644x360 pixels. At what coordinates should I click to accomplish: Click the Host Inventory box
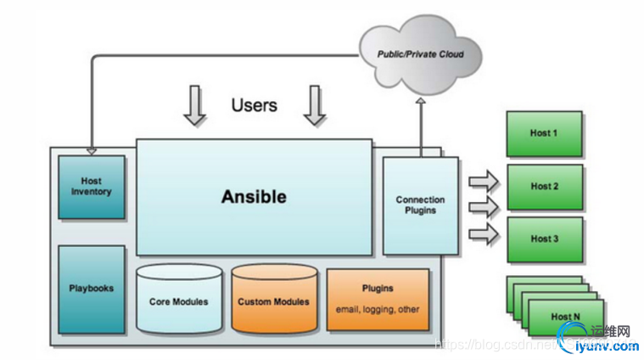91,186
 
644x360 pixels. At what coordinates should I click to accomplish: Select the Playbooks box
91,288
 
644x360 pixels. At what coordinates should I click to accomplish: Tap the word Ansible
254,196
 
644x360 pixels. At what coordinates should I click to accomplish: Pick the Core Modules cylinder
178,301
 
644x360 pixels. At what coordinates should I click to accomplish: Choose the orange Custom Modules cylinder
273,301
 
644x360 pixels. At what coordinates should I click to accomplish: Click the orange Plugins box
377,298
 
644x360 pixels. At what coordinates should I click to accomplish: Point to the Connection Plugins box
420,205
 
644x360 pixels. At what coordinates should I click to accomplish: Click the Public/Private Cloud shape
420,54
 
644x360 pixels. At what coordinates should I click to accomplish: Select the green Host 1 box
544,133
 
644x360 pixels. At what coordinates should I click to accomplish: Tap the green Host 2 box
544,186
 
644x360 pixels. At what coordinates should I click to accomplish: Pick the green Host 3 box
544,239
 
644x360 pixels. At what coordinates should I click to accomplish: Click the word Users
254,105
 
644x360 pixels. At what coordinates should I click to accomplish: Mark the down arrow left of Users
195,105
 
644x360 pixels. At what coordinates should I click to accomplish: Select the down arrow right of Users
315,105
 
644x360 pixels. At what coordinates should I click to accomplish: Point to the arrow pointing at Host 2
484,205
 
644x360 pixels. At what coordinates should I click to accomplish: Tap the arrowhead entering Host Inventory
91,152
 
